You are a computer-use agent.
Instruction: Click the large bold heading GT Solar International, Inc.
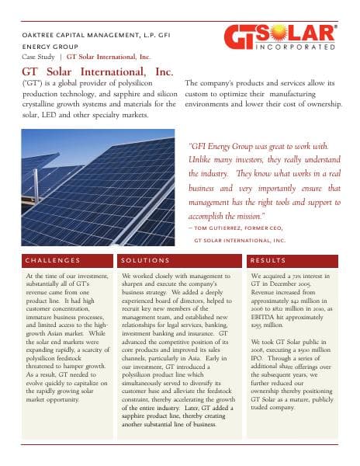[x=98, y=72]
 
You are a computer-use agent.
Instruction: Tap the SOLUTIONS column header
[x=145, y=260]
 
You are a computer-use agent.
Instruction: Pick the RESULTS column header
[x=269, y=260]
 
